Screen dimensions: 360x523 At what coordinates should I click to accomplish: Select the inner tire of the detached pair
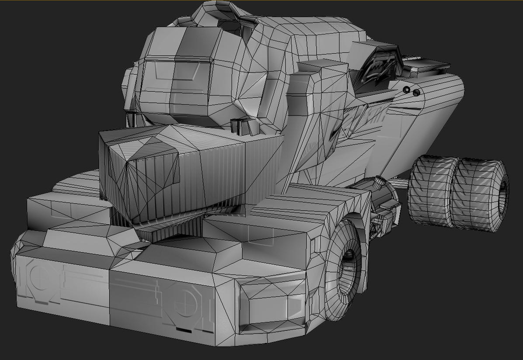(431, 190)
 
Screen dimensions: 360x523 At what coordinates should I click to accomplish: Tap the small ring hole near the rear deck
(406, 90)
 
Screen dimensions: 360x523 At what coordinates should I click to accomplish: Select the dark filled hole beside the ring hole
(416, 92)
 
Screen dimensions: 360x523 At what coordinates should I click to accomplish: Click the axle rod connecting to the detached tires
(398, 181)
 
